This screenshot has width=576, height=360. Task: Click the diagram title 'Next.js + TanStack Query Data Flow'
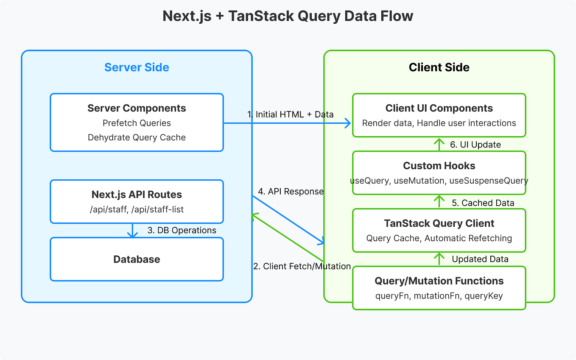pos(288,16)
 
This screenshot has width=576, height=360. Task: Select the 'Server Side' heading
pos(137,67)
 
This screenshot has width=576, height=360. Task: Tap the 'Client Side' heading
pos(439,67)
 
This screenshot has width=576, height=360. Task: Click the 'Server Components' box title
pos(137,108)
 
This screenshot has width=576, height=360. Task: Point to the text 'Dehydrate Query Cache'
pos(137,137)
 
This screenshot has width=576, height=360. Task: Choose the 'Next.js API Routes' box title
pos(137,195)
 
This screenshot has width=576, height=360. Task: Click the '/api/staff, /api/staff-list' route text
pos(137,209)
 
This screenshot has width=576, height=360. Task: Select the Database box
pos(137,259)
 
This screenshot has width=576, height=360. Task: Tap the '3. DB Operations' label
pos(182,230)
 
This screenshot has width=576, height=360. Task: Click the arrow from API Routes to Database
pos(132,230)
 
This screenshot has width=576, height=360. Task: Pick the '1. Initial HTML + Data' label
pos(290,114)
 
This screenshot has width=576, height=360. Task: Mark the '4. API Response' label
pos(291,192)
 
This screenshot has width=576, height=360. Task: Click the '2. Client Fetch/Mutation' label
pos(302,266)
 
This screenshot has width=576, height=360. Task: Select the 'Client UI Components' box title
pos(439,108)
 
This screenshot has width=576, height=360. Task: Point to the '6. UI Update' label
pos(475,145)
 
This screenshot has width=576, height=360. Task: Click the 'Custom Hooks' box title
pos(439,166)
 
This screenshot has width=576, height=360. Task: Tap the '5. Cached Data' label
pos(483,203)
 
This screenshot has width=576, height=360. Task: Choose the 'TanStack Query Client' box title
pos(439,223)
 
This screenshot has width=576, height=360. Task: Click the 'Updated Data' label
pos(480,259)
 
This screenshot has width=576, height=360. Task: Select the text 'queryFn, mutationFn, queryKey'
pos(439,296)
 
